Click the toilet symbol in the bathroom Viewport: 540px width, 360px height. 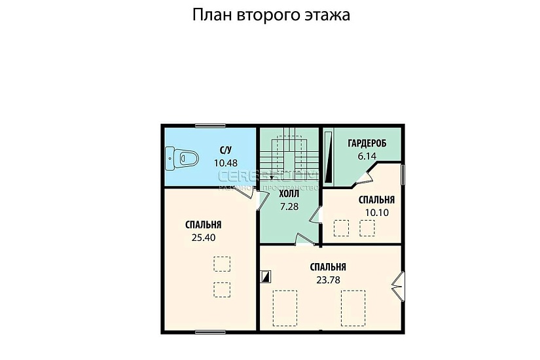coord(181,156)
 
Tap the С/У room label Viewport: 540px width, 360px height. coord(226,151)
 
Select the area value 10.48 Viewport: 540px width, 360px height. coord(226,162)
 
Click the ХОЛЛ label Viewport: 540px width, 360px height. coord(289,194)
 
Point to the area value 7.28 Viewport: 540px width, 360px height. coord(289,206)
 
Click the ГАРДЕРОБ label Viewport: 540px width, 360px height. coord(367,143)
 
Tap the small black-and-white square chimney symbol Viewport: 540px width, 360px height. coord(265,276)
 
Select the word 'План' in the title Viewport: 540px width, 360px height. coord(210,15)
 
